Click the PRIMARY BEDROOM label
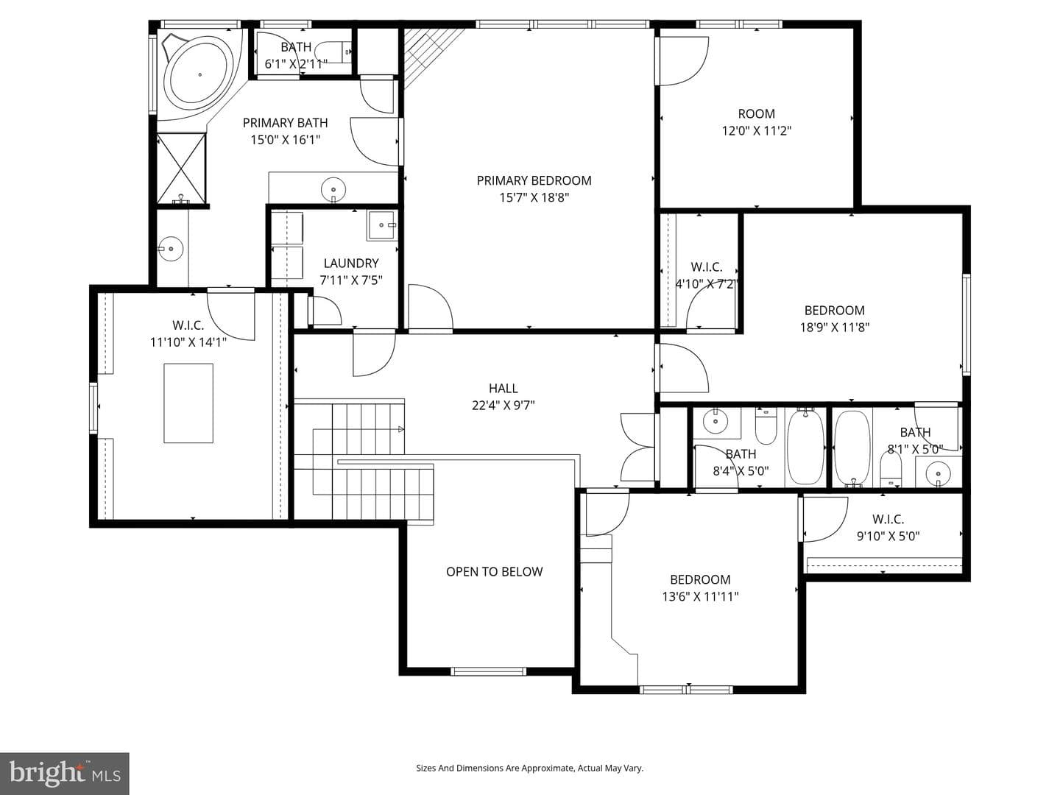click(534, 180)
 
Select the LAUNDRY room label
click(351, 263)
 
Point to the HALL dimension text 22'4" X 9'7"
click(504, 405)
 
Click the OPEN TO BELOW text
click(494, 571)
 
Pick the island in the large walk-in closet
click(188, 403)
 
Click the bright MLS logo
click(64, 773)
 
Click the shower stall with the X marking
click(182, 169)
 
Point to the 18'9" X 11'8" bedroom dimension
click(835, 328)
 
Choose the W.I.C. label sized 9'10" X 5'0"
click(888, 528)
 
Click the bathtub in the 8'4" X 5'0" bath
click(805, 447)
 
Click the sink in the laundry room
click(382, 225)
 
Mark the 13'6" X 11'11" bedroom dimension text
click(700, 596)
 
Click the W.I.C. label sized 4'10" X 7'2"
click(706, 275)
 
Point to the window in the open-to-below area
click(488, 671)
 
